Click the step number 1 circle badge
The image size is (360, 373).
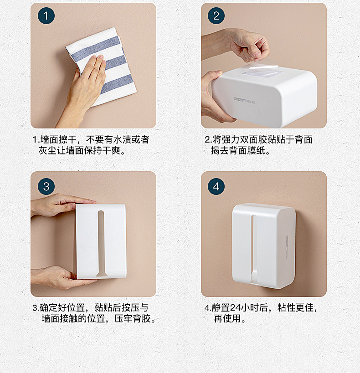tap(46, 15)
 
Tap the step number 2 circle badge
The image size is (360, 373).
tap(216, 15)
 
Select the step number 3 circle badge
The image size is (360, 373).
tap(46, 187)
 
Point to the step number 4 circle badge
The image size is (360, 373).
tap(216, 187)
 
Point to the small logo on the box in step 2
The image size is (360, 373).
tap(244, 100)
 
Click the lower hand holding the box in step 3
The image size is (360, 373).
tap(60, 277)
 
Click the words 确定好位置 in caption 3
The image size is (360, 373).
tap(62, 307)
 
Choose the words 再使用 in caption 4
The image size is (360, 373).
tap(227, 318)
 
